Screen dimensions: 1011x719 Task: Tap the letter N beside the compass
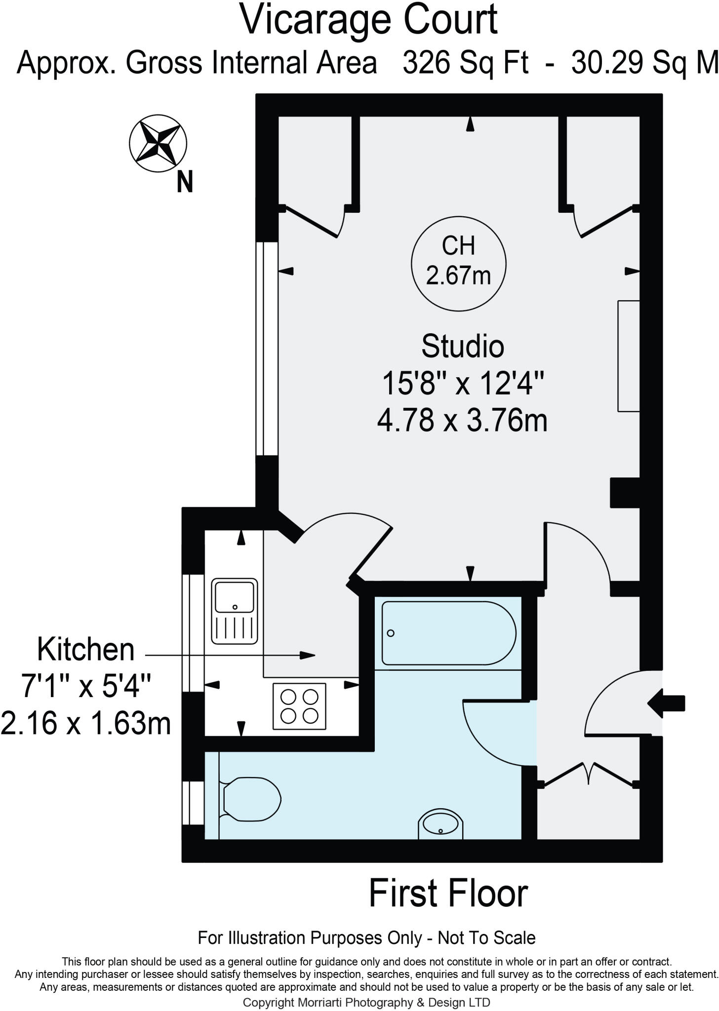[x=185, y=182]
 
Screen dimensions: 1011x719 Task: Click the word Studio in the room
[x=462, y=347]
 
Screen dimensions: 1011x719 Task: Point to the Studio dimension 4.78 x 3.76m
[x=462, y=422]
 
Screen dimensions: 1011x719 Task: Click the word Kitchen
[x=86, y=650]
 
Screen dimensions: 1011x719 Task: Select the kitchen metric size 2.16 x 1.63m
[x=86, y=724]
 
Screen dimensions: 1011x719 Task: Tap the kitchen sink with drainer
[x=235, y=612]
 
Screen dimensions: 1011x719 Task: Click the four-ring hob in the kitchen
[x=299, y=706]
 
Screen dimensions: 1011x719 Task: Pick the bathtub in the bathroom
[x=448, y=633]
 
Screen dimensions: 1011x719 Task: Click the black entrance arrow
[x=666, y=703]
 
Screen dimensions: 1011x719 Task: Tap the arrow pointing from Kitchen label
[x=306, y=656]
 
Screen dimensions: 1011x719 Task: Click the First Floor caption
[x=448, y=894]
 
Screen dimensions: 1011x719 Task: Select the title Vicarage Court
[x=368, y=20]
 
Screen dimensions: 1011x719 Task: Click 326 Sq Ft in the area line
[x=465, y=63]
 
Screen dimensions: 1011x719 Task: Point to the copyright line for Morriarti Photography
[x=366, y=1002]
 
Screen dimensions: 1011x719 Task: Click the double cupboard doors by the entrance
[x=588, y=774]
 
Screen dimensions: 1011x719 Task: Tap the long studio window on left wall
[x=267, y=349]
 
